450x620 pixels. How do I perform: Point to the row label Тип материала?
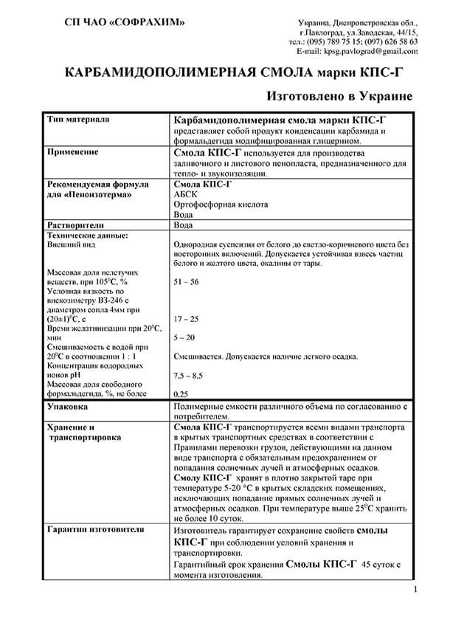tap(78, 119)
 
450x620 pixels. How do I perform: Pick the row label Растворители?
tap(76, 224)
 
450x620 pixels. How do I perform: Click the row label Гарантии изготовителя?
tap(95, 530)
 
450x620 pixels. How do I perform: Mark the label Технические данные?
tap(87, 235)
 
